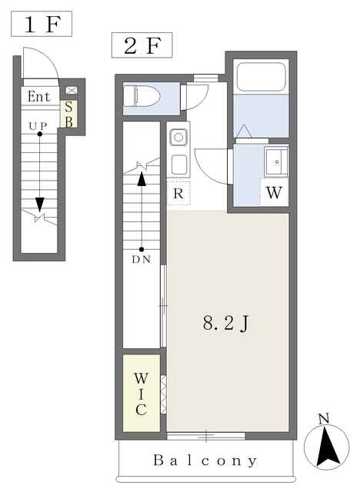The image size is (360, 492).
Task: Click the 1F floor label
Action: [x=42, y=24]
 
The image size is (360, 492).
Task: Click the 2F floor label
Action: [x=142, y=45]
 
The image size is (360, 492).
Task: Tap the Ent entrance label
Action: [x=39, y=97]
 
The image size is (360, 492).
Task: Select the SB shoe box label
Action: [x=68, y=115]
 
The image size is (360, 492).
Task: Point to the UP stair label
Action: [x=38, y=126]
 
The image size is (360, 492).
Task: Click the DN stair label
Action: [x=142, y=260]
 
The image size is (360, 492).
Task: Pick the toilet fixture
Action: [x=142, y=96]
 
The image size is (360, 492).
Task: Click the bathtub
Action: [x=261, y=77]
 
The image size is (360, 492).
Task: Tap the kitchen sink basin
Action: [x=178, y=138]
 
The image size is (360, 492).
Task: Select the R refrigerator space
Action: [x=178, y=193]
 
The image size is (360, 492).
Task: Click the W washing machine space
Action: [x=274, y=192]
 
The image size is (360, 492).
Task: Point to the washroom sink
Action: [x=276, y=162]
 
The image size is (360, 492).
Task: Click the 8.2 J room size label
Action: [x=225, y=323]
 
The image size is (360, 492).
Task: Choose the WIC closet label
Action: [x=141, y=394]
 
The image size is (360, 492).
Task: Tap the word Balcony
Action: [x=205, y=460]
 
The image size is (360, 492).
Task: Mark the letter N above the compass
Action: [x=324, y=418]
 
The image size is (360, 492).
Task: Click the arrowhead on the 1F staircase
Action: [x=39, y=205]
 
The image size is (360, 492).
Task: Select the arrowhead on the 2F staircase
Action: [x=142, y=179]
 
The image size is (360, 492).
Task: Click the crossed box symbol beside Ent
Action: [x=72, y=91]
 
